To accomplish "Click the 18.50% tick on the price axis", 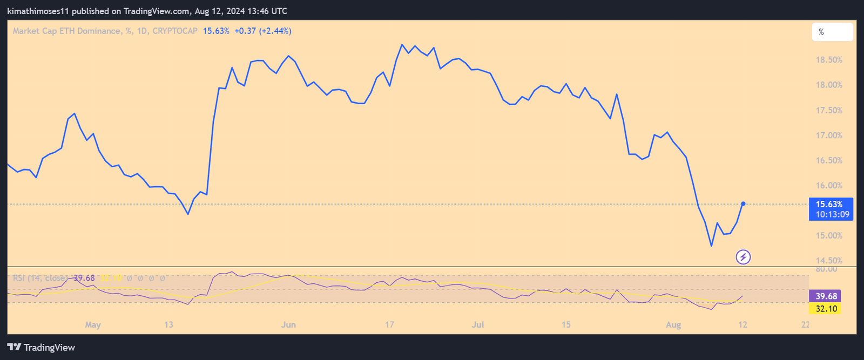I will pos(829,60).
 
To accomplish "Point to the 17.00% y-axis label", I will pos(829,135).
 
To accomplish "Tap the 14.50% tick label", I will pos(829,261).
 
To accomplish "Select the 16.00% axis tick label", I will pos(829,186).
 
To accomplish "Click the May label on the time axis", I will pos(93,325).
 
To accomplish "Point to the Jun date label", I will pos(288,325).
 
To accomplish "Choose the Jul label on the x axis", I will pos(477,325).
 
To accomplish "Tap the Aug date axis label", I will pos(673,325).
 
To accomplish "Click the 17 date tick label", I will pos(389,325).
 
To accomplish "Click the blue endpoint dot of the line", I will pos(744,203).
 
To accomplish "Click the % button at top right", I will pos(832,32).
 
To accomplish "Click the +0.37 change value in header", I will pos(245,31).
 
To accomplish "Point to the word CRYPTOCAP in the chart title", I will pos(175,31).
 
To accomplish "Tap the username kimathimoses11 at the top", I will pos(38,11).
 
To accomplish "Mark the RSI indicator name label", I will pos(40,279).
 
